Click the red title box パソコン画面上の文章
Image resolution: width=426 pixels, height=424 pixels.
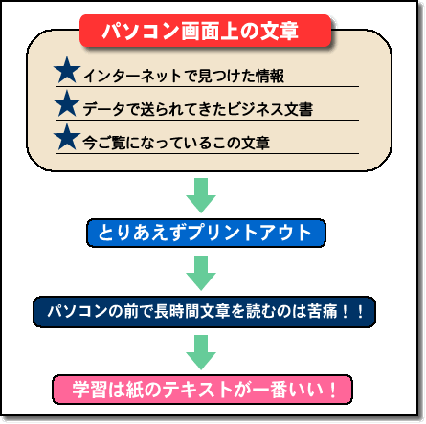coord(205,31)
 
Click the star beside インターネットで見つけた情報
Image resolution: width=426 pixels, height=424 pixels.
coord(67,71)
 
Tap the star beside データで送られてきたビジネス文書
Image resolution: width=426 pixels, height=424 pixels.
coord(67,104)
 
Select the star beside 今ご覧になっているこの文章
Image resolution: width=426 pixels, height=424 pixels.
coord(67,138)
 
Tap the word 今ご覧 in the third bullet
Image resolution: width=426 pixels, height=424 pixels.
coord(104,143)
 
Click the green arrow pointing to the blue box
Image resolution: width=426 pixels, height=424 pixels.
coord(201,195)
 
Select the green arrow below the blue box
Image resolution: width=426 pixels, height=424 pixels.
coord(201,273)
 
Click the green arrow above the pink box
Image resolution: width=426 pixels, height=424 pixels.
coord(201,352)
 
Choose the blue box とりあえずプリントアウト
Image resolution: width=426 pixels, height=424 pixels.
coord(206,233)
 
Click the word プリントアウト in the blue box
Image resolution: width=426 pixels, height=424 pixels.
coord(250,233)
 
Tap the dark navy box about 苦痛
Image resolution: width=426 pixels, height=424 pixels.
coord(204,312)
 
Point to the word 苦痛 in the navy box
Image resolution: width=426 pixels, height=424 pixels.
coord(323,311)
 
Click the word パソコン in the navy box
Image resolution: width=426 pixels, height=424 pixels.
coord(77,311)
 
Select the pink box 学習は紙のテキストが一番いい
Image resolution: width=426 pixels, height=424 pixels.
coord(202,390)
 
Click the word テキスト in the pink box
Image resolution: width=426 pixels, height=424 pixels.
coord(197,390)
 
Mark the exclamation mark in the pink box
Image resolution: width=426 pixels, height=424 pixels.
coord(333,390)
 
